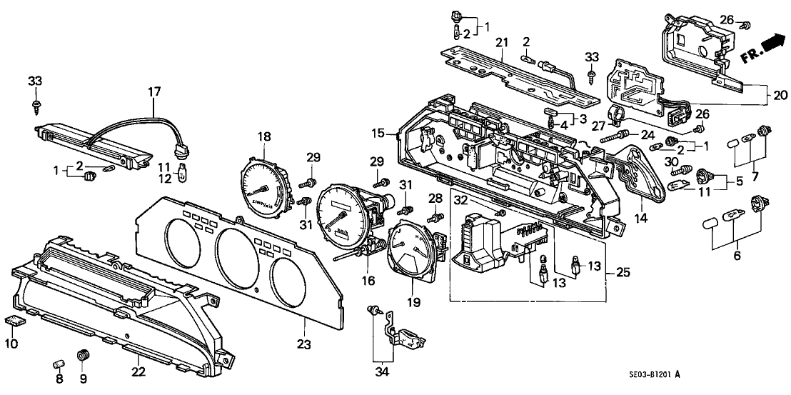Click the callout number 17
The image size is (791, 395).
(155, 91)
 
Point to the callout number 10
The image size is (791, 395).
(12, 344)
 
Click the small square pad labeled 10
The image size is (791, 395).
(14, 322)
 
